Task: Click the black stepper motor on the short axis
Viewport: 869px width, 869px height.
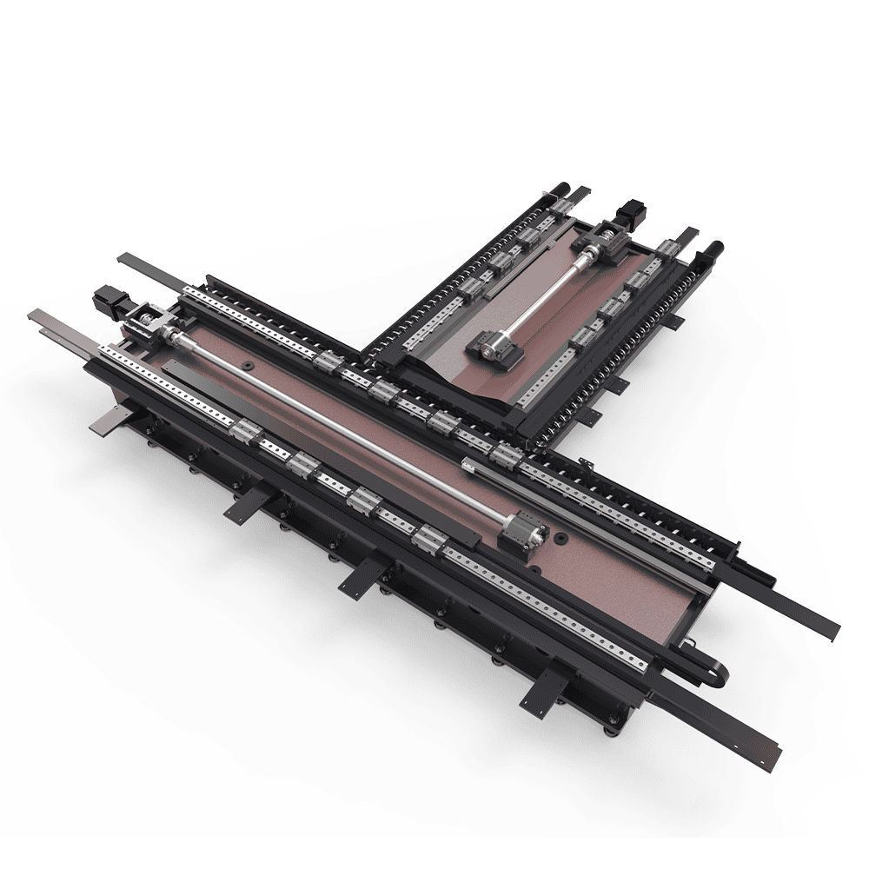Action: click(x=627, y=214)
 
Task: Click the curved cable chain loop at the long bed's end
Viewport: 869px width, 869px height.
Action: click(x=714, y=674)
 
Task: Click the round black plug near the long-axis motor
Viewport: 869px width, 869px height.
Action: click(x=249, y=365)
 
